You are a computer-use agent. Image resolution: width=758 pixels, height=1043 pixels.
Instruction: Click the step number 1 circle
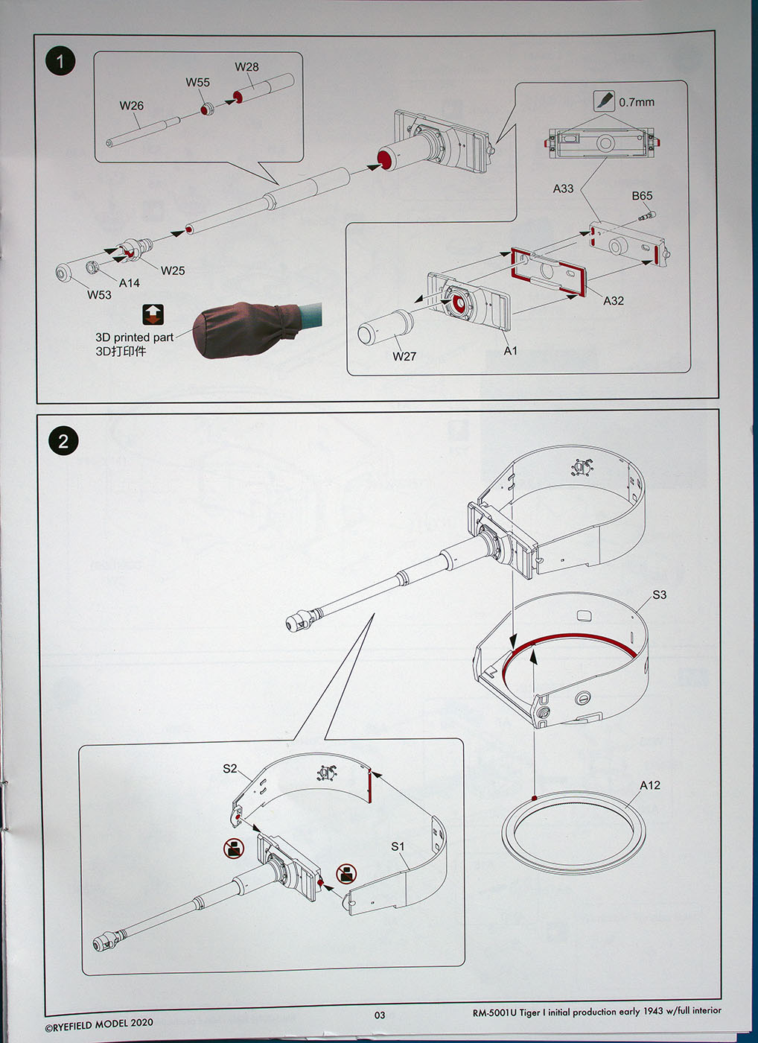pos(60,61)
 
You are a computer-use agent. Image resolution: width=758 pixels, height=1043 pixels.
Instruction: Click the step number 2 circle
pos(63,441)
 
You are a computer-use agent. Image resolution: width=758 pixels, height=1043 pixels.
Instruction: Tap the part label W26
pos(132,106)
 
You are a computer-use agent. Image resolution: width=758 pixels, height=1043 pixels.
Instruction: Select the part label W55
pos(198,83)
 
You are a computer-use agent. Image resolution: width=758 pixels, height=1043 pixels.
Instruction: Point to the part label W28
pos(246,67)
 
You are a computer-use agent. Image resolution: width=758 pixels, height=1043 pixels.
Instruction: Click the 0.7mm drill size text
pos(637,102)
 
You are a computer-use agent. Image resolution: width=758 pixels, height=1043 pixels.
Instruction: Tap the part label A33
pos(563,188)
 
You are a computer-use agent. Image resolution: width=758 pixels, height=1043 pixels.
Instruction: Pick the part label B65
pos(642,196)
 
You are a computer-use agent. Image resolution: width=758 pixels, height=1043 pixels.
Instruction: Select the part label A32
pos(614,300)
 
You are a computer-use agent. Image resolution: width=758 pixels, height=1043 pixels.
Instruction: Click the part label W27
pos(404,356)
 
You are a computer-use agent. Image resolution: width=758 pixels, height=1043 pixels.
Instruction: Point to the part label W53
pos(99,295)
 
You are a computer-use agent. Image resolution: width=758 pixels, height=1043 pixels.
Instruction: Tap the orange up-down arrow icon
pos(153,314)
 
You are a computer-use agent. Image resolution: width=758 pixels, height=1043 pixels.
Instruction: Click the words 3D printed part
pos(134,337)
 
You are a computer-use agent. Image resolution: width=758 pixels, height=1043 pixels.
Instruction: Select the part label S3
pos(659,595)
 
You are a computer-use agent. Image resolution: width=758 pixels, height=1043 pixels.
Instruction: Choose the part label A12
pos(649,785)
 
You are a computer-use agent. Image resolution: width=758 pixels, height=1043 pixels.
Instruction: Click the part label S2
pos(230,768)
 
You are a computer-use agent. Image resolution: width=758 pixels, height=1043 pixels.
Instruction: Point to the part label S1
pos(398,846)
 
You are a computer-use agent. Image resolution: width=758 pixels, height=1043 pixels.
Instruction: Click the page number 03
pos(380,1015)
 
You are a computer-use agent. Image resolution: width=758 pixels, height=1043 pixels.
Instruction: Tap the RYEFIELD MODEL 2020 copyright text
pos(98,1024)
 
